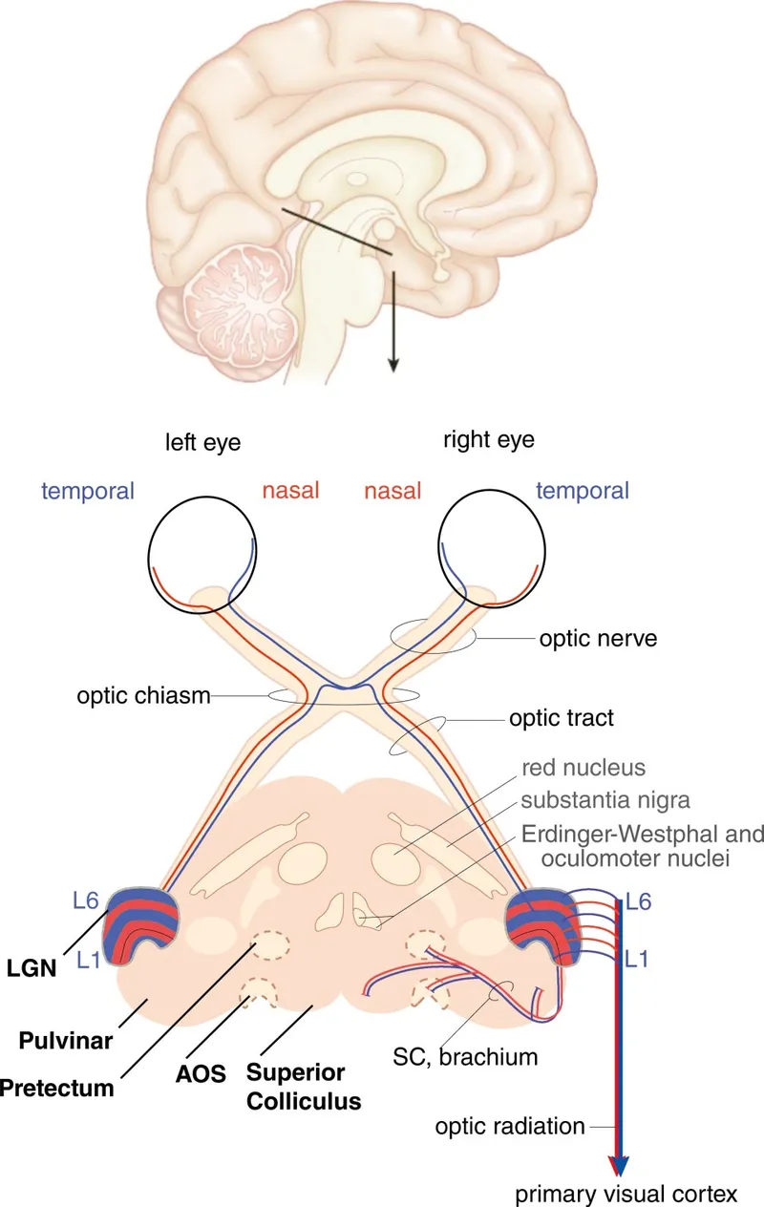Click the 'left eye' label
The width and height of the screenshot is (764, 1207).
point(202,442)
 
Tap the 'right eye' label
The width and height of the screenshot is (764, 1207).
point(489,440)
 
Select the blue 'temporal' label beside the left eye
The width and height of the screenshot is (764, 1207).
point(87,491)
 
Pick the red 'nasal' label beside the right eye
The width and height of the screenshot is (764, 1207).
point(393,491)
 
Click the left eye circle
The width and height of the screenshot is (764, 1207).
point(202,552)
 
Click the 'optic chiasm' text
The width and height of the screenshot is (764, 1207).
point(143,695)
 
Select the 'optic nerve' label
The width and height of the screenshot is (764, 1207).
point(599,639)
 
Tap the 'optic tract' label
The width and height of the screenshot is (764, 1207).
point(562,718)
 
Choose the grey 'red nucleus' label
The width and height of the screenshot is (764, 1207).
point(584,767)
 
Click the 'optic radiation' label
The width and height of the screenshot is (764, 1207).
point(510,1126)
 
